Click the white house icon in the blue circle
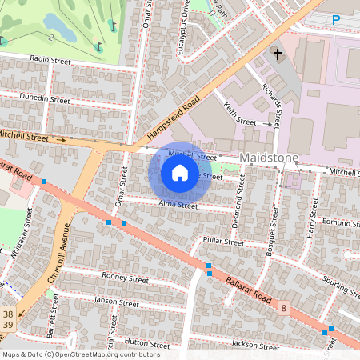pyautogui.click(x=180, y=172)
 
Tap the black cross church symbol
pyautogui.click(x=278, y=55)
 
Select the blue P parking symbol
pyautogui.click(x=336, y=20)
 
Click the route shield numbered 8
pyautogui.click(x=283, y=306)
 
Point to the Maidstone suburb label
pyautogui.click(x=269, y=157)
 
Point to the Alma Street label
pyautogui.click(x=178, y=206)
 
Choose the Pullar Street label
pyautogui.click(x=223, y=241)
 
